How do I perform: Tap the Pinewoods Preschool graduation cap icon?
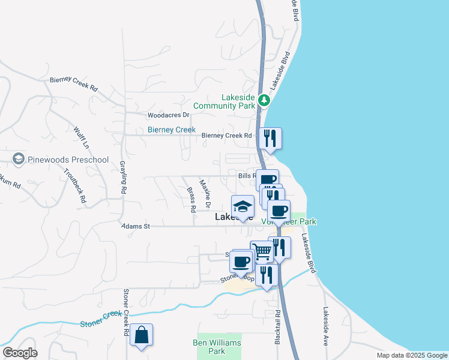pyautogui.click(x=17, y=160)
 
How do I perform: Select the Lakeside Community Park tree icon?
pyautogui.click(x=264, y=100)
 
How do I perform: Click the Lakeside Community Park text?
pyautogui.click(x=229, y=101)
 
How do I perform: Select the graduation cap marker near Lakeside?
pyautogui.click(x=243, y=206)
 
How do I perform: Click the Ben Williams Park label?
pyautogui.click(x=217, y=347)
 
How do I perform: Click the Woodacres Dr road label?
pyautogui.click(x=169, y=115)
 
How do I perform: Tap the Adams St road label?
pyautogui.click(x=134, y=226)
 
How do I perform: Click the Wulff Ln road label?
pyautogui.click(x=82, y=137)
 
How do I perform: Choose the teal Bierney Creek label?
pyautogui.click(x=172, y=130)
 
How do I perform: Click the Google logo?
pyautogui.click(x=19, y=352)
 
